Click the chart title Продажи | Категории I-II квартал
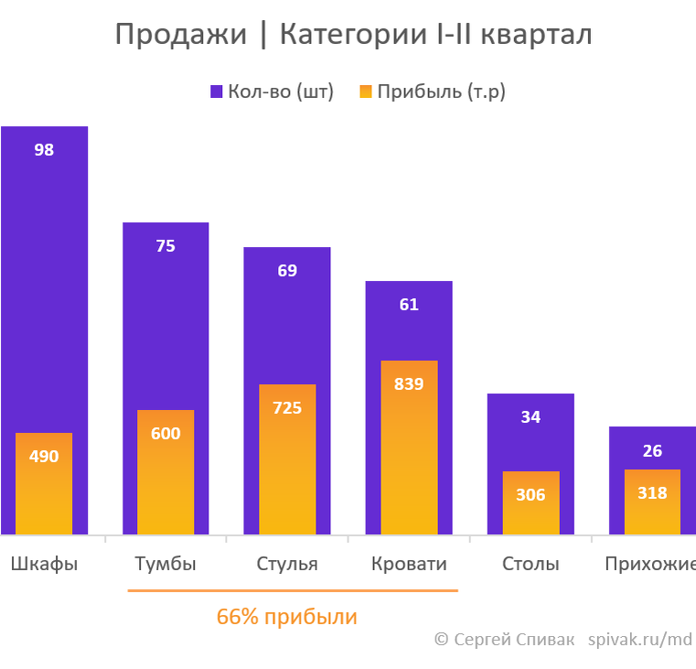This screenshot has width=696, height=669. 353,35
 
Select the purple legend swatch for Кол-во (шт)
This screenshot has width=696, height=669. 217,92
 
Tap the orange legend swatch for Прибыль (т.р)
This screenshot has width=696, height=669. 366,92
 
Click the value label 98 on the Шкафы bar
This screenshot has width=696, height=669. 44,150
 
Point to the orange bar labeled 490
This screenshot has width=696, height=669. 44,485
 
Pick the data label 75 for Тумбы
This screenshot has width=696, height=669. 166,246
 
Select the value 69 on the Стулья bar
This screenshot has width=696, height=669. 287,271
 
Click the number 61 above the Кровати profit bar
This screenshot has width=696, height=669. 409,305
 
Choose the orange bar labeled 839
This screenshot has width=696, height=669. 409,448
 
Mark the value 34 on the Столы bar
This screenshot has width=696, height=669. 530,417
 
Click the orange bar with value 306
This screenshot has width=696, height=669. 530,503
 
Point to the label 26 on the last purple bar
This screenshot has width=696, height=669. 652,451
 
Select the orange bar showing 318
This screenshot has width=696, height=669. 652,503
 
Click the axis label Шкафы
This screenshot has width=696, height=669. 44,564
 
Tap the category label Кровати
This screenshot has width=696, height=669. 409,564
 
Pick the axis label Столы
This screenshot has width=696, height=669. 530,564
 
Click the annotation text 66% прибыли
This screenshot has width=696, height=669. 286,617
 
